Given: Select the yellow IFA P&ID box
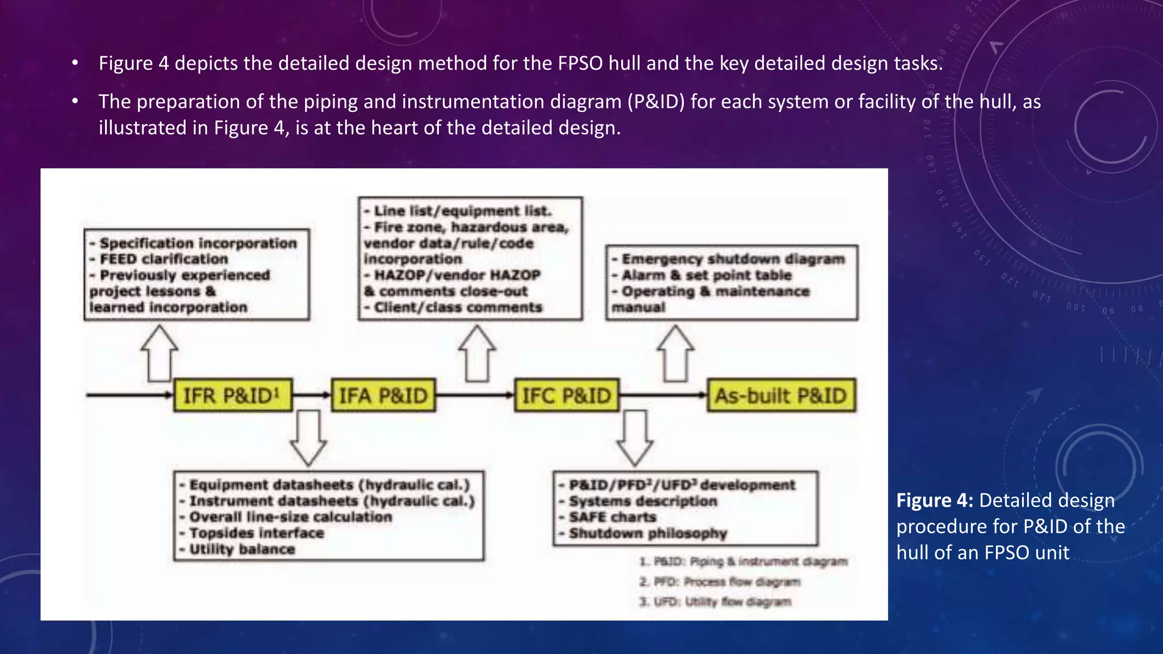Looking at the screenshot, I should click(x=383, y=395).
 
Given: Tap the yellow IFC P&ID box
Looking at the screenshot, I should click(x=566, y=395).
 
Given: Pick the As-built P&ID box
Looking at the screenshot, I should click(x=781, y=395).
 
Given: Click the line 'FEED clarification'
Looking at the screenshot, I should click(x=164, y=259).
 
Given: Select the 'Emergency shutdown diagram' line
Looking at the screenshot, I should click(x=733, y=259).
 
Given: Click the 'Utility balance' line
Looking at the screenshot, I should click(x=242, y=550).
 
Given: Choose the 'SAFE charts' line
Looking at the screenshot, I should click(x=612, y=517).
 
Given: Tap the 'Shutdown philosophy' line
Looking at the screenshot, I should click(x=648, y=534).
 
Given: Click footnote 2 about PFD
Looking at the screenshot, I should click(x=719, y=582).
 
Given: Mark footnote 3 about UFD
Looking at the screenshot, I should click(x=715, y=602).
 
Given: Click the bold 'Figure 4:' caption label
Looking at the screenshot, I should click(x=935, y=501).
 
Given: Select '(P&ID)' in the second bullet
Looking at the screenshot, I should click(x=656, y=102).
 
